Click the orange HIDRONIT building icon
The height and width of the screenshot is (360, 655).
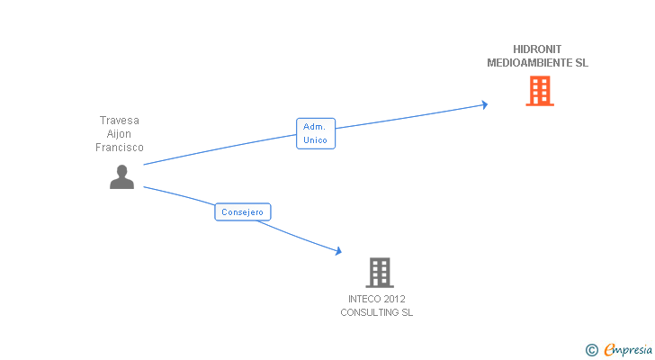[539, 91]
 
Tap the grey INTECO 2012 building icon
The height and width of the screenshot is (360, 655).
[380, 272]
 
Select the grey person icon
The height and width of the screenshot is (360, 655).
[121, 177]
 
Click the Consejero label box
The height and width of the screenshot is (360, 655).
[243, 212]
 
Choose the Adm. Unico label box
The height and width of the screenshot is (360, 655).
[316, 133]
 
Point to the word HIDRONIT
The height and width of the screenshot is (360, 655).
[537, 49]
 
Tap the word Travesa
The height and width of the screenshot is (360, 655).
[120, 120]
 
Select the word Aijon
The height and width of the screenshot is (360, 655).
[120, 134]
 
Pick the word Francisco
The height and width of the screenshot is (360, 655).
[120, 148]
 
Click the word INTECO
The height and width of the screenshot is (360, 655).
[363, 299]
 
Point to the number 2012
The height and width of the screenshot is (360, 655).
[393, 299]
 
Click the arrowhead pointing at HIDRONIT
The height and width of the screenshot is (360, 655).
[484, 104]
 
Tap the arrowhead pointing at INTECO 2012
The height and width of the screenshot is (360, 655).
[338, 252]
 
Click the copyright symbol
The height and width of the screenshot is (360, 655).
[591, 349]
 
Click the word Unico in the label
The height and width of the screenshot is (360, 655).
[316, 140]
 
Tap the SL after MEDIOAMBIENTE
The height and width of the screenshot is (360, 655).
[581, 63]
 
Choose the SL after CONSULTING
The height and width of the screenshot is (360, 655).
[407, 312]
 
